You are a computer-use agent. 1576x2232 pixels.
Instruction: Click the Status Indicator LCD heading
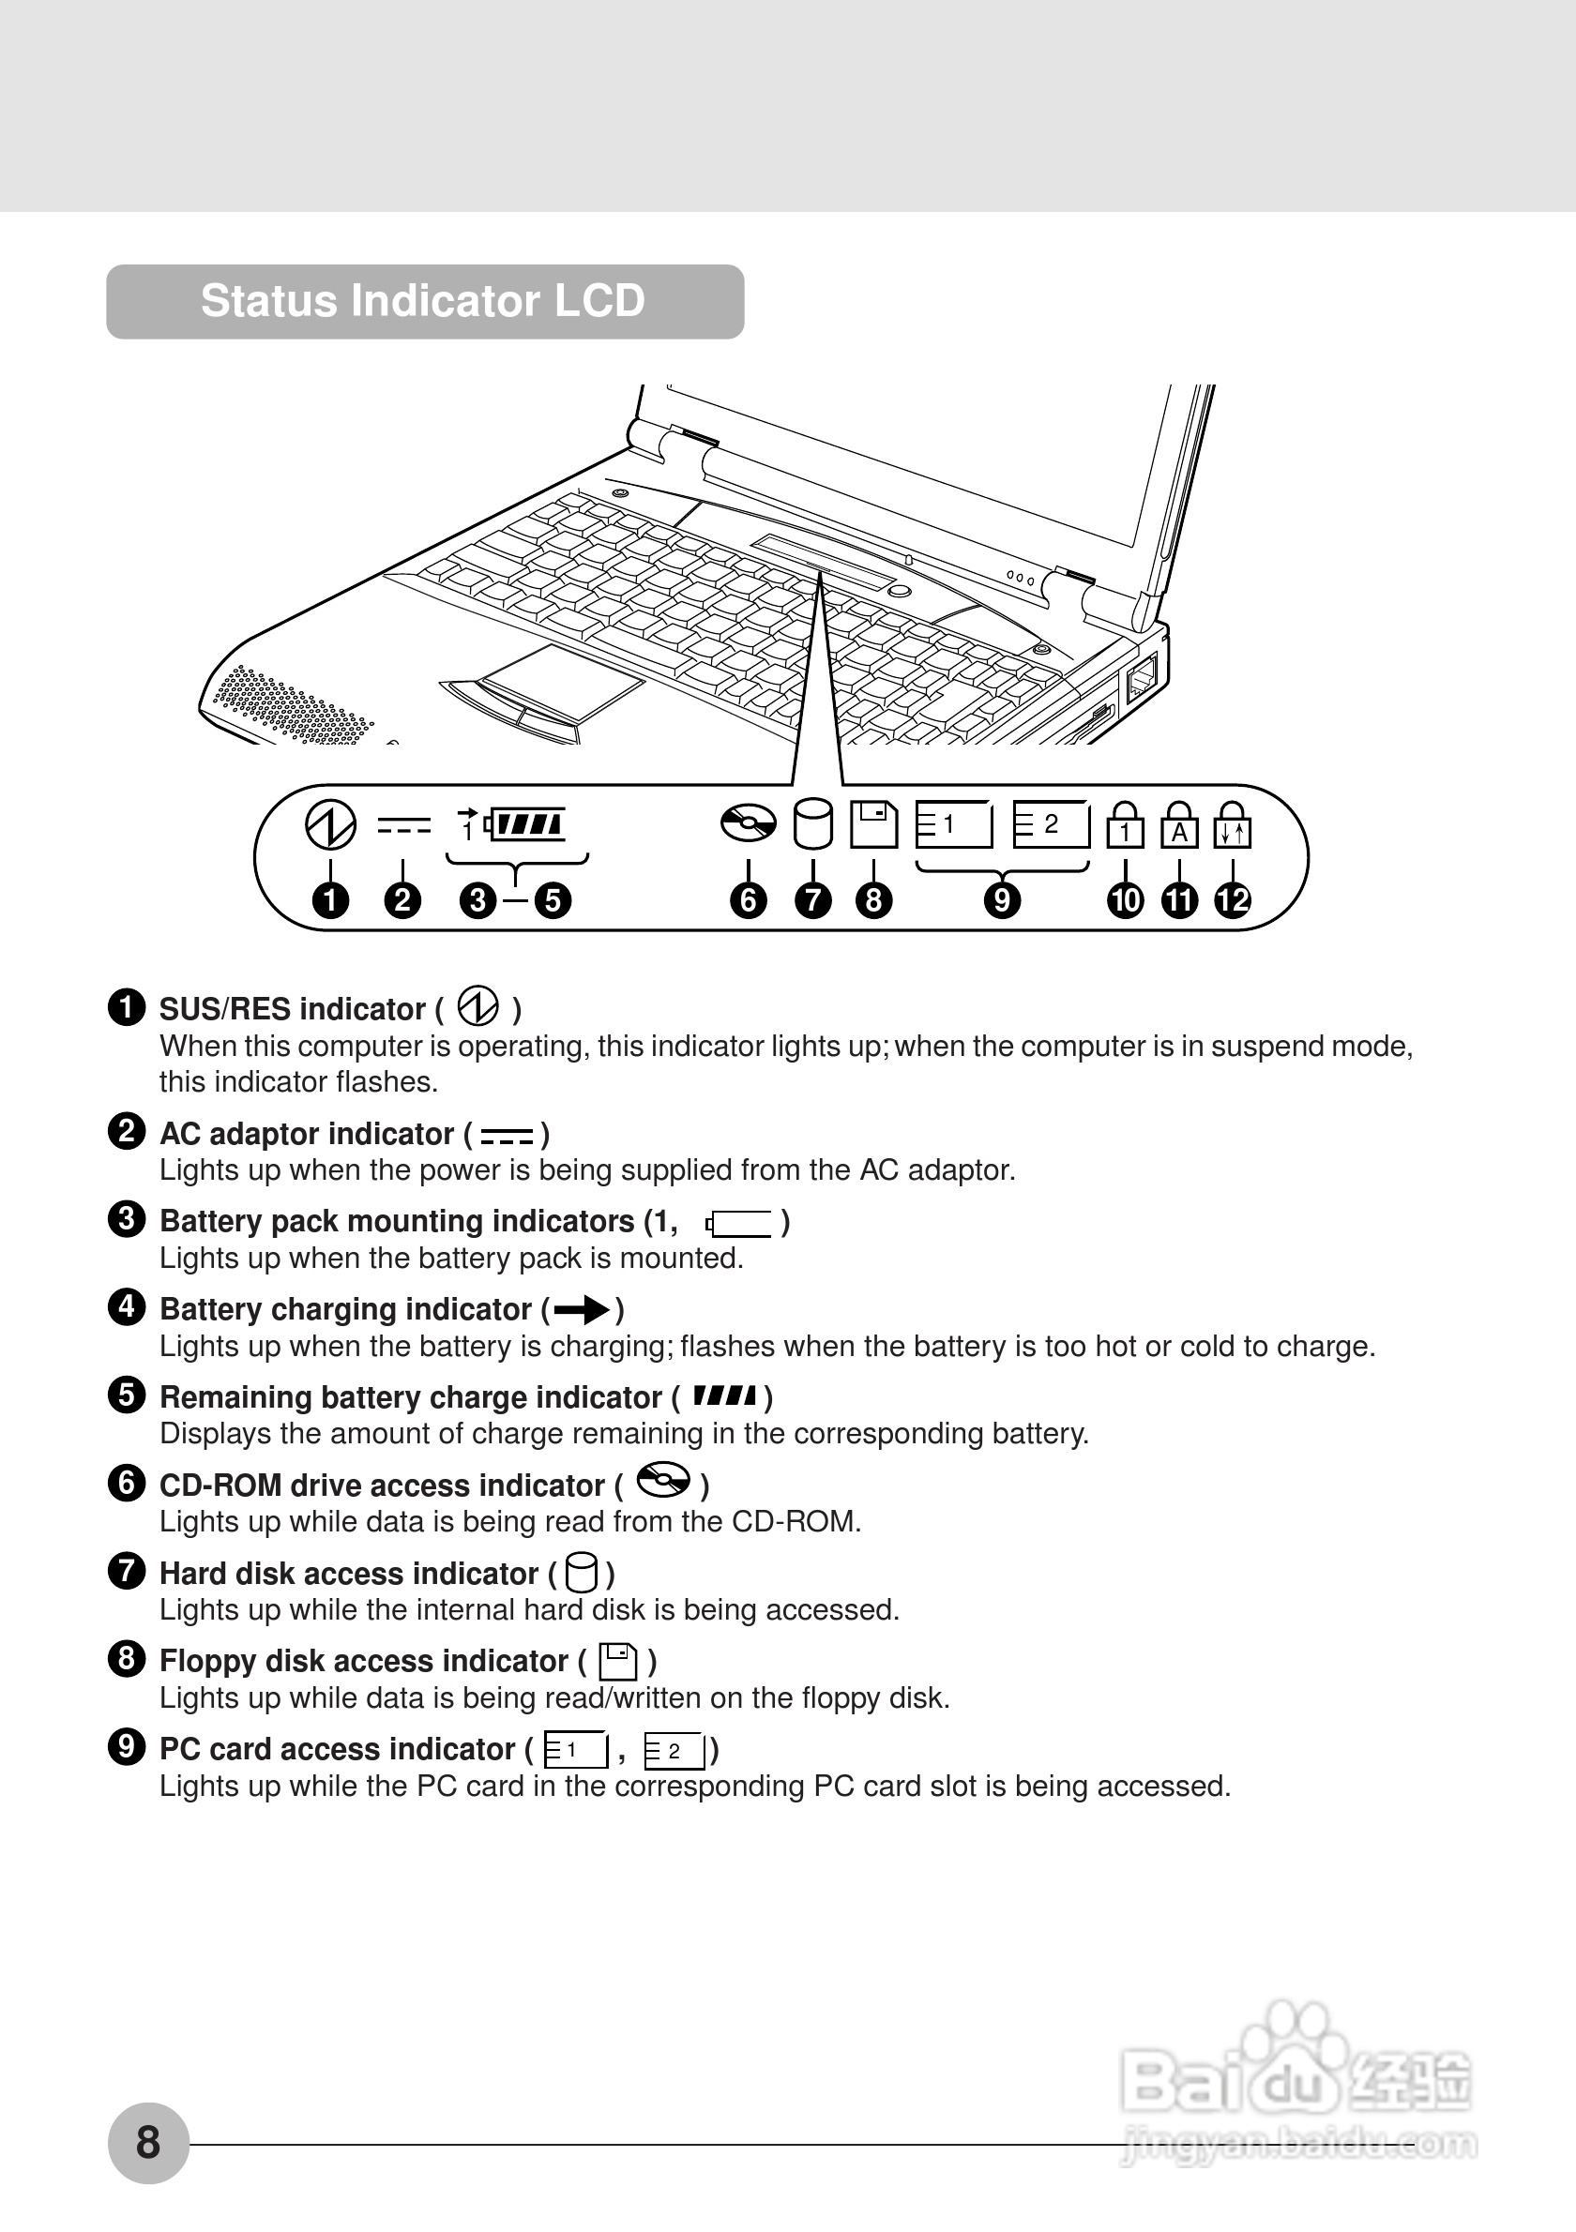[x=423, y=300]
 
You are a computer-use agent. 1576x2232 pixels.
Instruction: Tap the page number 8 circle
[x=148, y=2143]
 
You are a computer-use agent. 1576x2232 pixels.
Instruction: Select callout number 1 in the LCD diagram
[x=330, y=900]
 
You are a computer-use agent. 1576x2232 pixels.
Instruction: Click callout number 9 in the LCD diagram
[x=1001, y=900]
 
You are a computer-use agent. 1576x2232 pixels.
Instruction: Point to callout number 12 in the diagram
[x=1233, y=900]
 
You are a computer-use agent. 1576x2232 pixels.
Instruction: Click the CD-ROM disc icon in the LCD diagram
[x=748, y=823]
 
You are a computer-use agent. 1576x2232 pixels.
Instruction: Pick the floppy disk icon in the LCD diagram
[x=873, y=823]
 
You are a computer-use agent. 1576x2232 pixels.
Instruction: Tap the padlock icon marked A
[x=1179, y=825]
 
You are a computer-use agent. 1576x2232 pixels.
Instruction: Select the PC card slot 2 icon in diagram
[x=1051, y=824]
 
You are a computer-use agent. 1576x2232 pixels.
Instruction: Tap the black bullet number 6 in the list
[x=127, y=1484]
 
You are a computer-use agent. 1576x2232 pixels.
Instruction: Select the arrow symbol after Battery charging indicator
[x=582, y=1310]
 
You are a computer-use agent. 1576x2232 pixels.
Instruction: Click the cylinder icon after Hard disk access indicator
[x=582, y=1573]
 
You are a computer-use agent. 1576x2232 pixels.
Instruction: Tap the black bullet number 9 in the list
[x=127, y=1747]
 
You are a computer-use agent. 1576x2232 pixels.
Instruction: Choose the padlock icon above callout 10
[x=1125, y=825]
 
